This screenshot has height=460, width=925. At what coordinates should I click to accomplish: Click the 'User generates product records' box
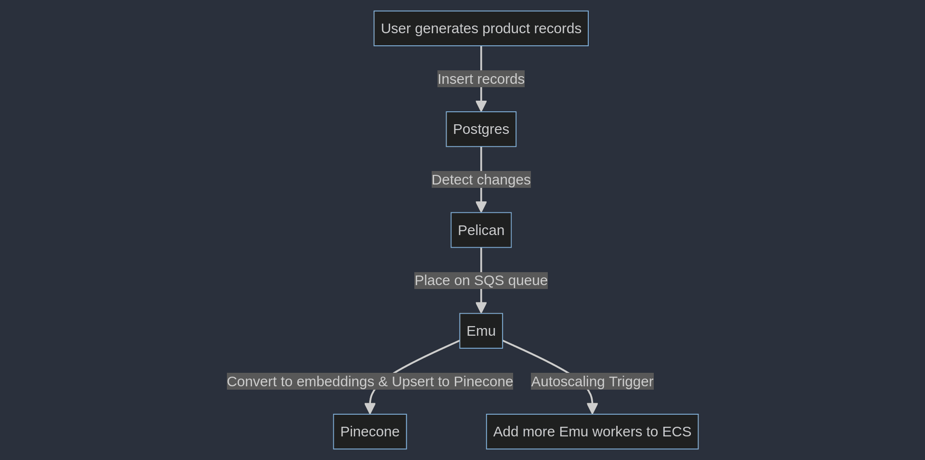pyautogui.click(x=481, y=28)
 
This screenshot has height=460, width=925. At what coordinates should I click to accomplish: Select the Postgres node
pyautogui.click(x=481, y=129)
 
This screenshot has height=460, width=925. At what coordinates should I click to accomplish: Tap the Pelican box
pyautogui.click(x=481, y=230)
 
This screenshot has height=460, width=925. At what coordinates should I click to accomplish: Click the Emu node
pyautogui.click(x=481, y=331)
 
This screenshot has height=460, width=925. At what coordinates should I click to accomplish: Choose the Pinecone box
pyautogui.click(x=370, y=432)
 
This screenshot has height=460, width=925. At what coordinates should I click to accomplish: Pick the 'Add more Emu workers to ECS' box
pyautogui.click(x=592, y=432)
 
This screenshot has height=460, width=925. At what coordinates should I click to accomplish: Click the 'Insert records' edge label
pyautogui.click(x=481, y=79)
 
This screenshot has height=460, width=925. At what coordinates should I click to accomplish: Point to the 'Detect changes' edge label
pyautogui.click(x=481, y=180)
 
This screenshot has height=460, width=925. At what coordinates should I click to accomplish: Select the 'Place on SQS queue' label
pyautogui.click(x=481, y=280)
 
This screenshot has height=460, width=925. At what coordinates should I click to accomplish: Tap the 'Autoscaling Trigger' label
pyautogui.click(x=592, y=381)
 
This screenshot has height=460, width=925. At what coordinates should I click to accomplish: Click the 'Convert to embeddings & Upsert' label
pyautogui.click(x=370, y=381)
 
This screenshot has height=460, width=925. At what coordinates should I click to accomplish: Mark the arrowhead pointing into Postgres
pyautogui.click(x=481, y=106)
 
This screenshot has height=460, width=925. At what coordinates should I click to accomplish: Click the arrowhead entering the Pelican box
pyautogui.click(x=481, y=207)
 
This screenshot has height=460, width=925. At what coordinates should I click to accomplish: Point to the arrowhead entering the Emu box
pyautogui.click(x=481, y=308)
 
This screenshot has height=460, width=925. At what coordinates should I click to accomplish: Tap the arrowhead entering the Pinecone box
pyautogui.click(x=370, y=408)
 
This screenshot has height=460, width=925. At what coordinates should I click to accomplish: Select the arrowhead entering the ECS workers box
pyautogui.click(x=592, y=408)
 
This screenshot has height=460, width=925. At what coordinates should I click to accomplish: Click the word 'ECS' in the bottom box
pyautogui.click(x=676, y=432)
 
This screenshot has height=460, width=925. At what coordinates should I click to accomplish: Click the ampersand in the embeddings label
pyautogui.click(x=383, y=381)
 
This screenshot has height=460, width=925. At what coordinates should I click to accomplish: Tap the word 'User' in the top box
pyautogui.click(x=396, y=28)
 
